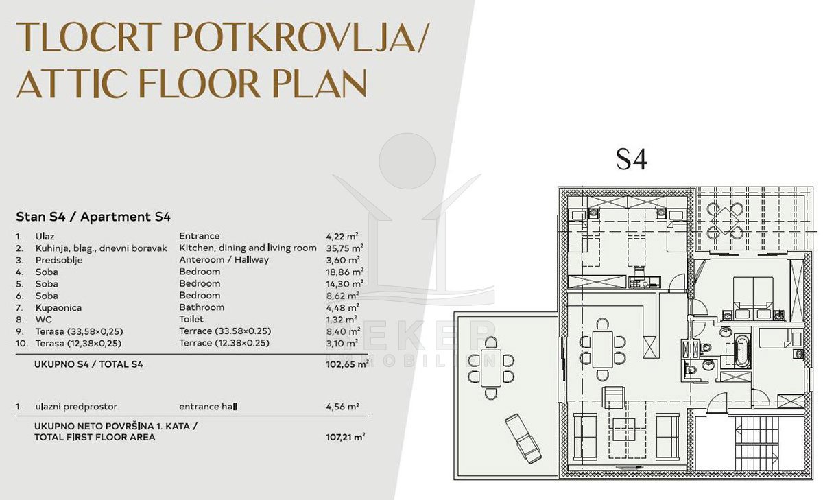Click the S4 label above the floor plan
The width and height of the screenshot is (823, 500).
pos(632,160)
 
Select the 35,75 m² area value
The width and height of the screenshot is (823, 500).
pos(344,248)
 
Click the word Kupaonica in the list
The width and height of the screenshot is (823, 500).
pos(58,308)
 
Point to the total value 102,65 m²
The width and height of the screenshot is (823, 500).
pos(347,364)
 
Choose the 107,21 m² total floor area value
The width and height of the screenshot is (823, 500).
pos(346,437)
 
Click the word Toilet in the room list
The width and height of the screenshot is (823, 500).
pos(191,319)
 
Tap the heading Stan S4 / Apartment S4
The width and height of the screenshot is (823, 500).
pos(93,217)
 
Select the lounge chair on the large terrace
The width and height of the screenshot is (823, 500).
pos(523,439)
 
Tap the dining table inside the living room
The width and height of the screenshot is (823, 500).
pos(603,349)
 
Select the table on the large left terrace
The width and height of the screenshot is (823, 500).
pos(491,368)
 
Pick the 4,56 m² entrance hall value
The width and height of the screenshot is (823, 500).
pos(342,407)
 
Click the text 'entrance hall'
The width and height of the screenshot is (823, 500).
pos(208,407)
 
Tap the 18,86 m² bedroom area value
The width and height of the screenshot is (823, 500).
pos(344,272)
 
